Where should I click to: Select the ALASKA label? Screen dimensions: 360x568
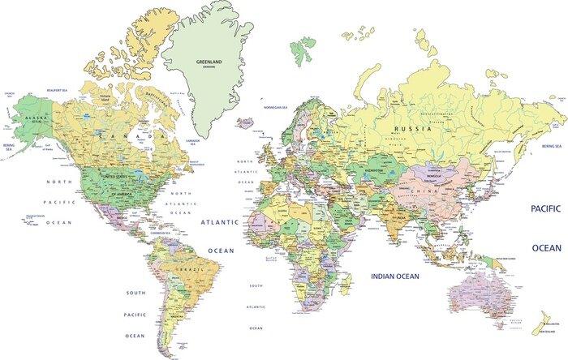pos(36,118)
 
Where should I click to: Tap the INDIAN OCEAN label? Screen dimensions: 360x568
pos(394,277)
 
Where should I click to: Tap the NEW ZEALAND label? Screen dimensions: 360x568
pos(546,332)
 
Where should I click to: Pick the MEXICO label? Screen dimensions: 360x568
pos(123,217)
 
